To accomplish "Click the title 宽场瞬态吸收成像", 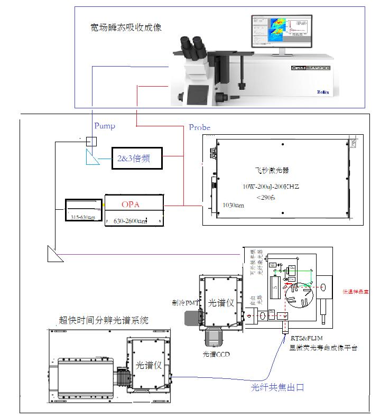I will pos(126,27).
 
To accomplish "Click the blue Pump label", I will pos(105,126).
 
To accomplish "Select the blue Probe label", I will pos(199,127).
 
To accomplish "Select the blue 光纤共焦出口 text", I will pos(277,387).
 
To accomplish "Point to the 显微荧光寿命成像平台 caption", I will pos(323,348).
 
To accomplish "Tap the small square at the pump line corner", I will pos(91,141).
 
